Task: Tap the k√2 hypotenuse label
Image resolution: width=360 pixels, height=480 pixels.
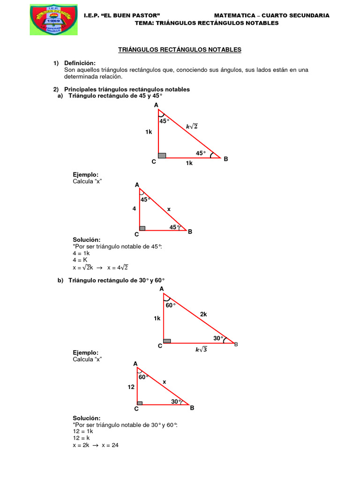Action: pos(192,126)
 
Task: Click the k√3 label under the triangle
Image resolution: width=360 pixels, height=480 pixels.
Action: pos(201,349)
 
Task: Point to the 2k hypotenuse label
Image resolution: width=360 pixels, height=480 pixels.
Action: pos(203,315)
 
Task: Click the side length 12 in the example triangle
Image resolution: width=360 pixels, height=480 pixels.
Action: pos(131,387)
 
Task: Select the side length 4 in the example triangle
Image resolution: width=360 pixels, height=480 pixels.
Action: pos(134,209)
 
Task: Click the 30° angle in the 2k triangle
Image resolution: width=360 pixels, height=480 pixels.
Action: pos(218,338)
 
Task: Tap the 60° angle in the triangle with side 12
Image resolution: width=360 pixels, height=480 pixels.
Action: pos(143,376)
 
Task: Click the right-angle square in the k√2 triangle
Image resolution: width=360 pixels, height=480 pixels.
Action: pos(162,155)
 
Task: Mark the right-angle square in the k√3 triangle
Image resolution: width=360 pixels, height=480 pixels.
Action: pos(167,341)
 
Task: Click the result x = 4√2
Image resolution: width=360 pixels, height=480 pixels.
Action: pos(118,267)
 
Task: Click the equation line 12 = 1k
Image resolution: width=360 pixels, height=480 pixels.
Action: pos(83,431)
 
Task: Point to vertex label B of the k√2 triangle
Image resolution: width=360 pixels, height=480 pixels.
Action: pos(225,159)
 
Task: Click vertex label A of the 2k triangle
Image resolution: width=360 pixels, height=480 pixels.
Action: pos(162,289)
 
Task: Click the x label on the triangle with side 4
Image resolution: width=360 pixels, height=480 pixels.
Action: pos(169,209)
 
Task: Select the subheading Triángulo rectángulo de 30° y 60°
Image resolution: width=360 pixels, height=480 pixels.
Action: pos(117,280)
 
